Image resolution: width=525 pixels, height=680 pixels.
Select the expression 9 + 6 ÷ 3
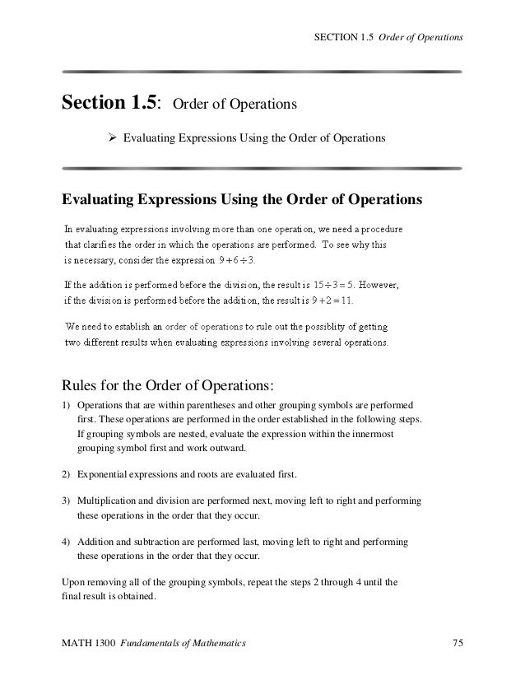click(237, 261)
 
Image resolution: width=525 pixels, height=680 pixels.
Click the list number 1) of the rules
click(67, 406)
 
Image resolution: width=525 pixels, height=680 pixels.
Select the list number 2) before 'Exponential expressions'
click(67, 476)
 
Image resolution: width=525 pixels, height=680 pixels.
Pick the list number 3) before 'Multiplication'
click(67, 501)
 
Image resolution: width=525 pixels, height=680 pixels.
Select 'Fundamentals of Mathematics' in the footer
click(182, 641)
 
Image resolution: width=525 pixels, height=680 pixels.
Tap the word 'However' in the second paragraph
click(379, 286)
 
